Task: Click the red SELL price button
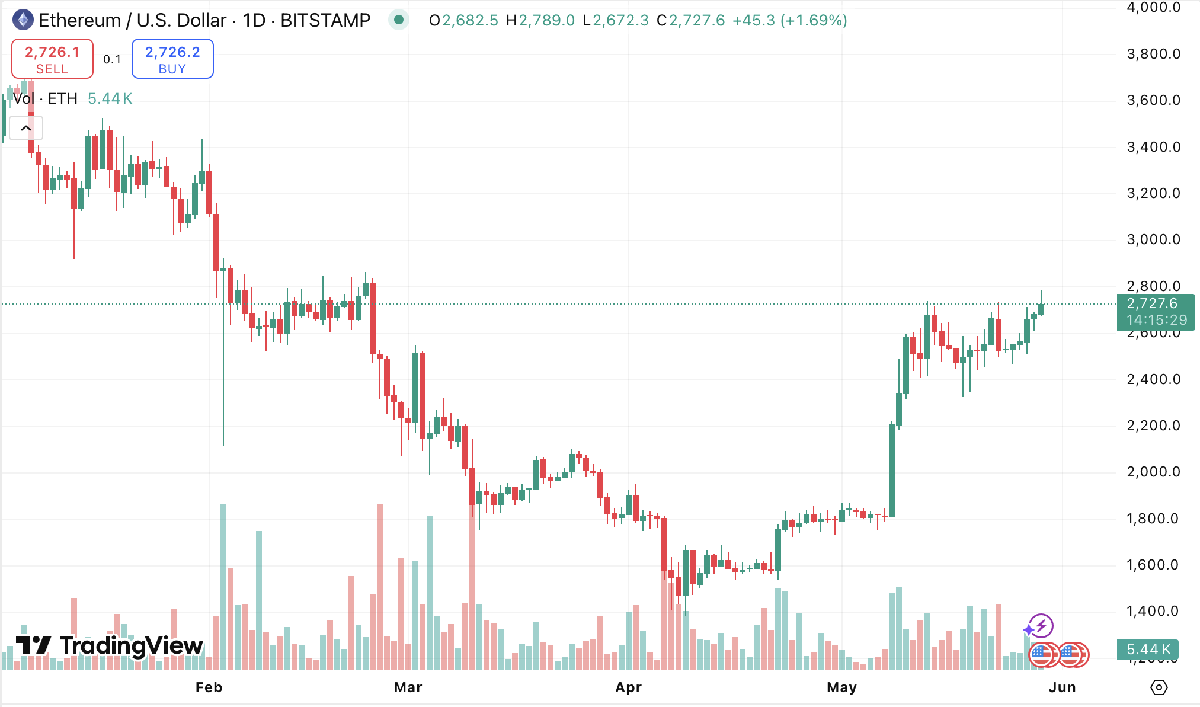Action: click(52, 59)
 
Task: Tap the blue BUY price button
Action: click(172, 59)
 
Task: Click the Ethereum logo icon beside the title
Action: click(23, 20)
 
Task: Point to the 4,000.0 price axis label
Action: click(1153, 8)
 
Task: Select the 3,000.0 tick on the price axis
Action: click(1153, 239)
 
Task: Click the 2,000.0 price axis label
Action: click(1153, 472)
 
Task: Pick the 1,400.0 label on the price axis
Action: click(1153, 611)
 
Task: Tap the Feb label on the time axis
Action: click(209, 687)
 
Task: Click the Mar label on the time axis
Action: click(408, 687)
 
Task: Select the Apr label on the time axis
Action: click(628, 687)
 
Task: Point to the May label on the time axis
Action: click(841, 687)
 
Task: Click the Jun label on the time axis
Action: click(1062, 687)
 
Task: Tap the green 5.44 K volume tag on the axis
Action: click(1148, 650)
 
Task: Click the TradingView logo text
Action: click(110, 645)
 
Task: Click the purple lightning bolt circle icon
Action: click(1041, 626)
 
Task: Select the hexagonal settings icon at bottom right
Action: click(1159, 687)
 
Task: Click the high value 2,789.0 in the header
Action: click(546, 21)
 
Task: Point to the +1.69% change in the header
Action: click(814, 21)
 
